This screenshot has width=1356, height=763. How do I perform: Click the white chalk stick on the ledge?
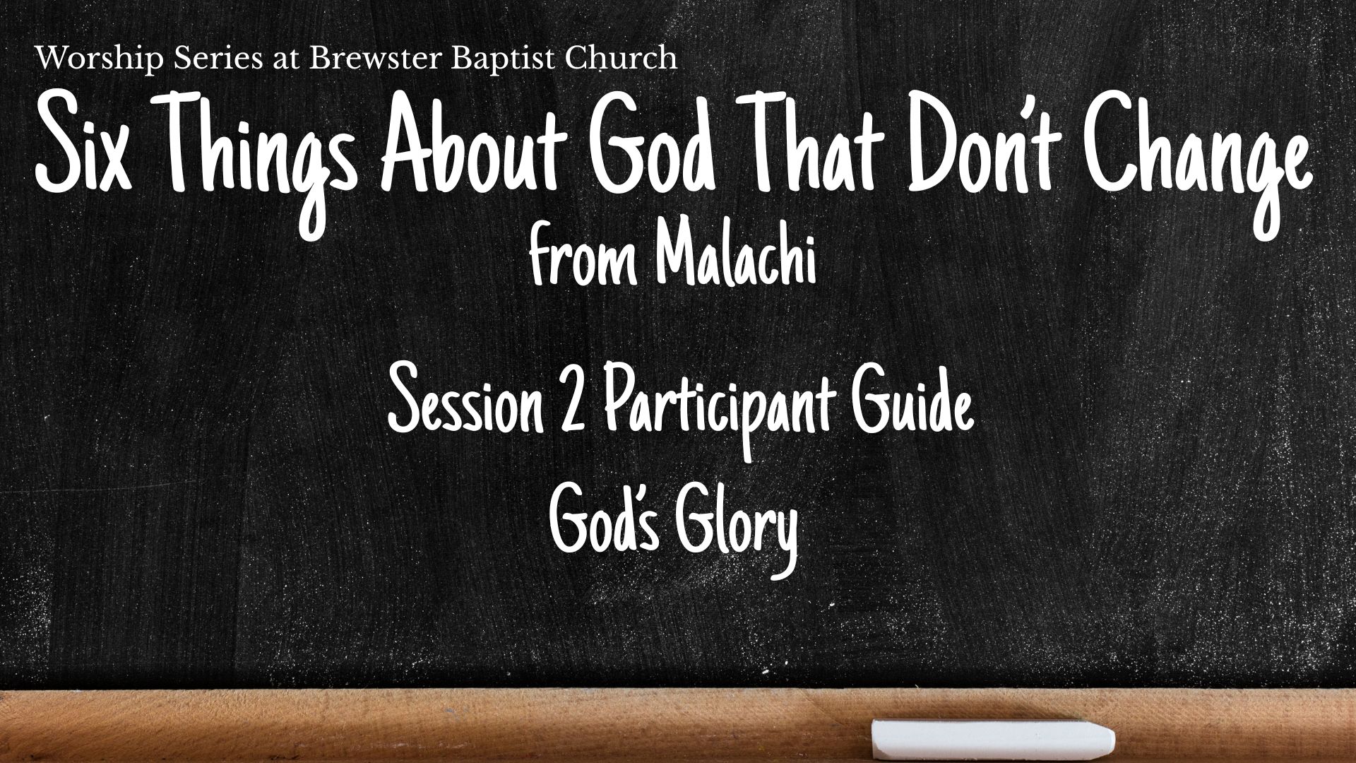[x=993, y=738]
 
